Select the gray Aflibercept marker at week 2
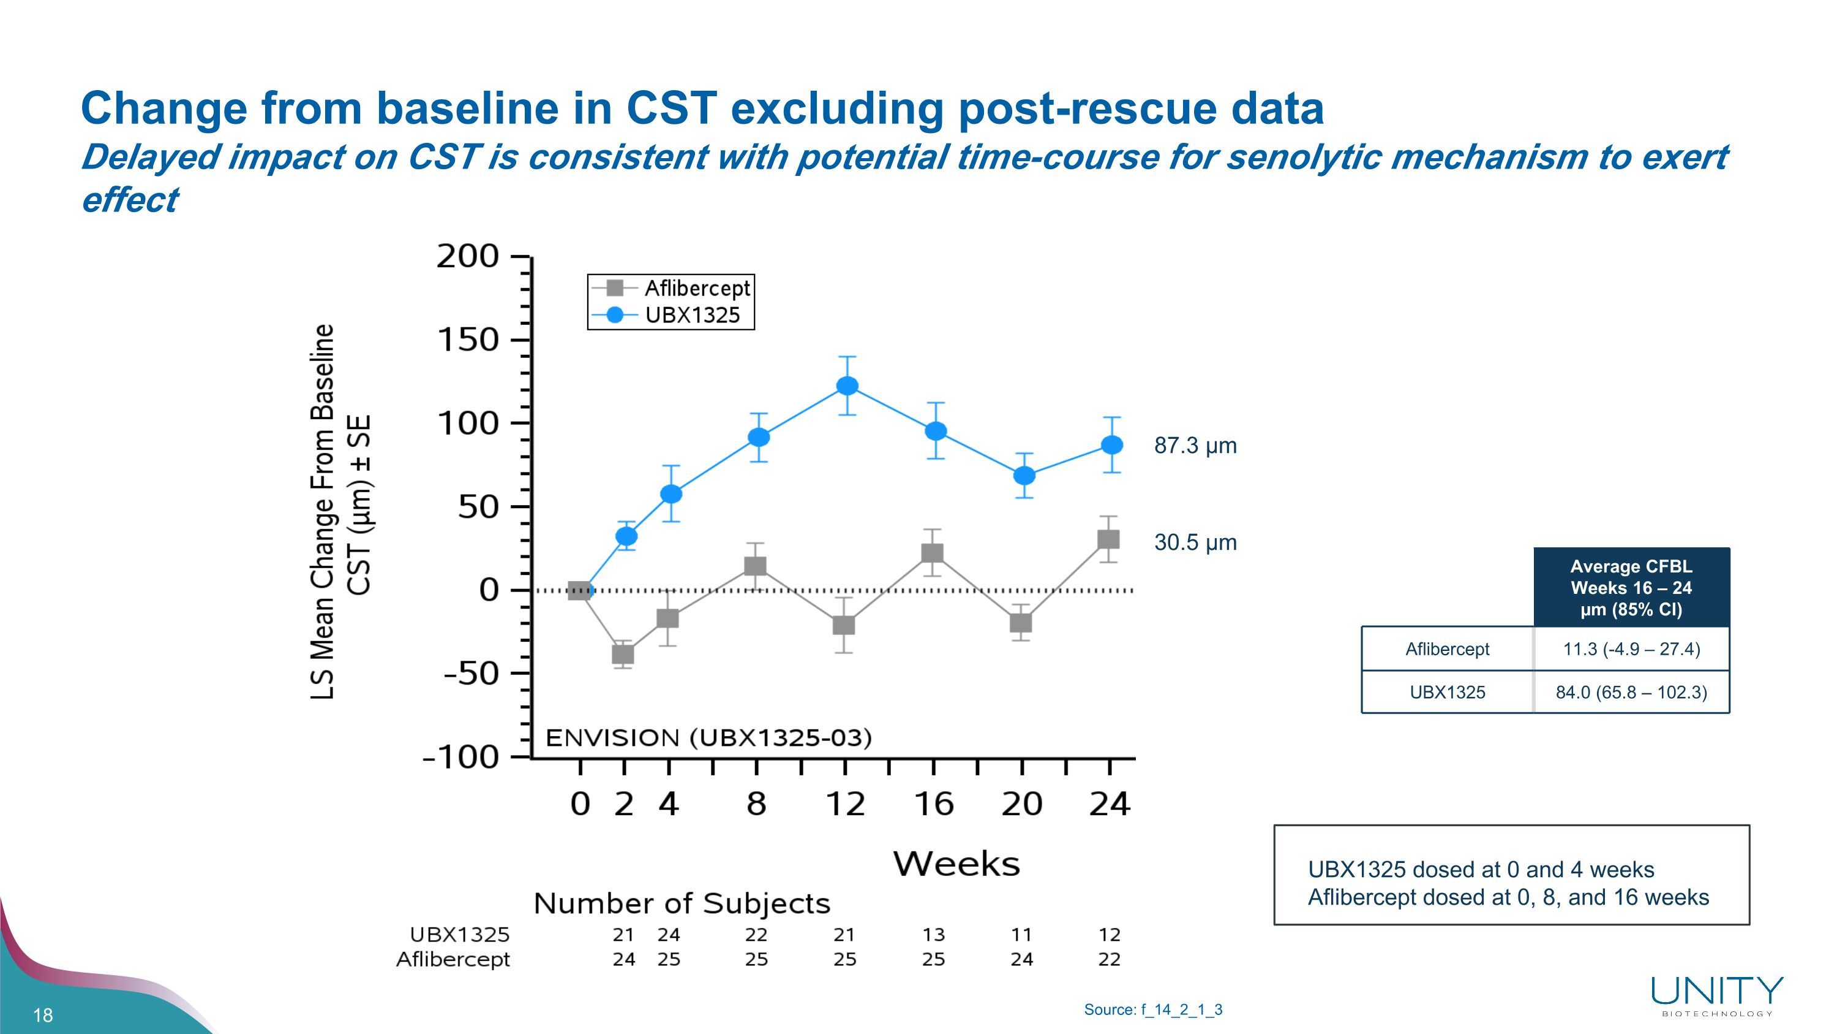(x=623, y=653)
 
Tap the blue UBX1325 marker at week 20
(x=1024, y=475)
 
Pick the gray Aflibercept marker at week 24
(x=1108, y=539)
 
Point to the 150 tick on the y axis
(x=468, y=340)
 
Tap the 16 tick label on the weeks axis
(x=933, y=804)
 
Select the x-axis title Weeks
(x=956, y=864)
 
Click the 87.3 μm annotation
(x=1195, y=446)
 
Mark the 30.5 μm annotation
(x=1195, y=542)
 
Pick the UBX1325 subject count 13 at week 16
(x=933, y=934)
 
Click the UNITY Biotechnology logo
(x=1717, y=996)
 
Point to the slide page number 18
(x=43, y=1015)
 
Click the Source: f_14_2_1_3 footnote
(x=1153, y=1009)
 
